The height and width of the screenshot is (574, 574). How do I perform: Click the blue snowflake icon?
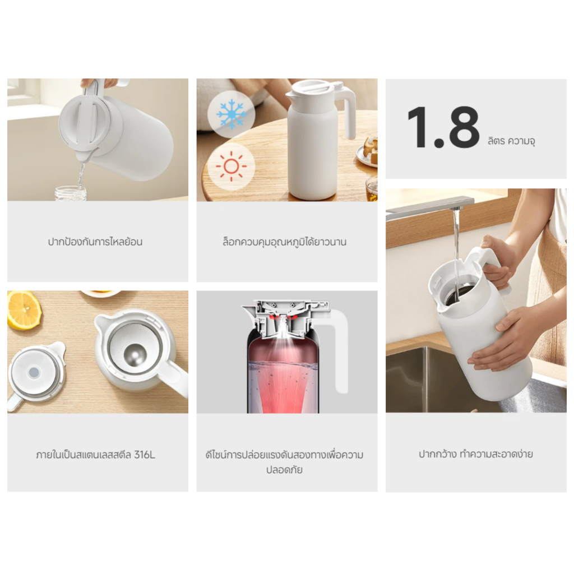231,114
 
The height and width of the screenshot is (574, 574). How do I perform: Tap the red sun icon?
231,166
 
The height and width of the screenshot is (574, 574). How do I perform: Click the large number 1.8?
443,127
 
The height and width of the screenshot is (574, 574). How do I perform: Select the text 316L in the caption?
145,455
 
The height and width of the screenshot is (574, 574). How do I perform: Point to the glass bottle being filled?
71,193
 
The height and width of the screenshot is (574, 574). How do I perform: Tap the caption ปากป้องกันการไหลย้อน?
95,242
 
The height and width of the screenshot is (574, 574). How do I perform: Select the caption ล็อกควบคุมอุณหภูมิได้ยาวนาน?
284,242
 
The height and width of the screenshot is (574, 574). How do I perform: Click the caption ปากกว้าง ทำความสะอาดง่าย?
476,454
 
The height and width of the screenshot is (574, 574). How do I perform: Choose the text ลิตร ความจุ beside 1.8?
511,141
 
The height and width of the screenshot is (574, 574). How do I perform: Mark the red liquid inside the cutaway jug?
283,377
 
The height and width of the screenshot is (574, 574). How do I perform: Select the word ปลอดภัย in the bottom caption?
284,470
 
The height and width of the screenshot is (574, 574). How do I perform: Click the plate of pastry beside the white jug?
368,152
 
